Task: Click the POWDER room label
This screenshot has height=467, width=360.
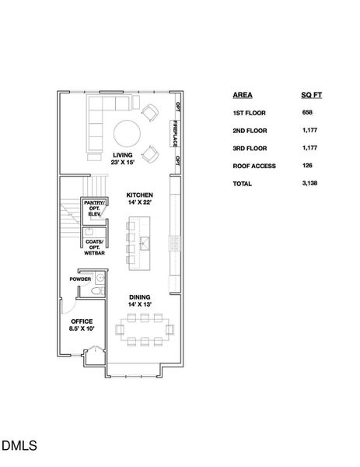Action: [80, 279]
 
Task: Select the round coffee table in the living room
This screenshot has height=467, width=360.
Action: [128, 132]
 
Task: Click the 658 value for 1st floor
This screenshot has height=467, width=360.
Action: [308, 112]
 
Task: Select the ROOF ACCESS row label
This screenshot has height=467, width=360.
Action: [251, 165]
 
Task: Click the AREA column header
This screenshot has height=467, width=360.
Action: [242, 94]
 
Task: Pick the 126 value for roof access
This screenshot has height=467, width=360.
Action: [308, 165]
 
